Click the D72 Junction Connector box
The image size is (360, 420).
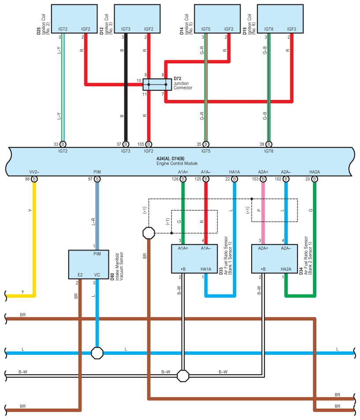pos(157,85)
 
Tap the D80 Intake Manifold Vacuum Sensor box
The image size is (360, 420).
pos(89,265)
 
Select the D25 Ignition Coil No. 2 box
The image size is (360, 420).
pos(74,19)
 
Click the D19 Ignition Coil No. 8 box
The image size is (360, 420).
pos(280,19)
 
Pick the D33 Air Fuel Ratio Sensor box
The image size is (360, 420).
pos(194,259)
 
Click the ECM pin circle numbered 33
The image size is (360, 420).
pos(63,144)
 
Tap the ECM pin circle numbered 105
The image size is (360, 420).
pos(148,144)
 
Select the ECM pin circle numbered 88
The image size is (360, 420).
pos(34,179)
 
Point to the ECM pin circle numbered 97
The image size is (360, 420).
pos(97,179)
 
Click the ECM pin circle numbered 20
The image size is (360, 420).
pos(315,179)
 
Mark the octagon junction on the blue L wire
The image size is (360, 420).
pos(97,353)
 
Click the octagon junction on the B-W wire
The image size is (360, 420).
pos(183,376)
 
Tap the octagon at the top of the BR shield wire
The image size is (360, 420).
pos(148,233)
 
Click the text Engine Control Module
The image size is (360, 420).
pos(177,163)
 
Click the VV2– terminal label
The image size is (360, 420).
pos(34,172)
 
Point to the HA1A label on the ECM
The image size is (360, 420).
pos(234,172)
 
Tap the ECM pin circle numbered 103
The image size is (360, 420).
pos(263,179)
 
